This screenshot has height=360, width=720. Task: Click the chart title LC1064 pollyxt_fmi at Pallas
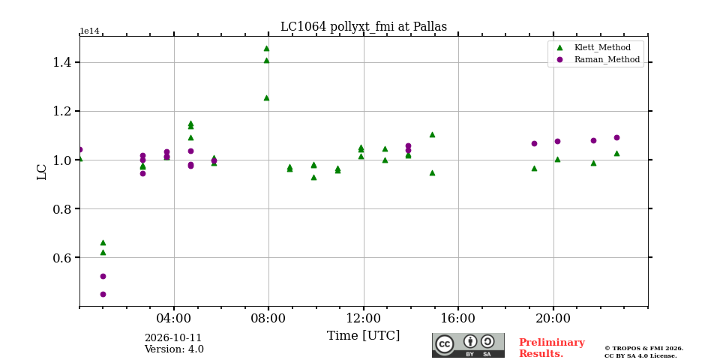point(363,27)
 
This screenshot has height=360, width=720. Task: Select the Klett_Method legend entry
point(595,47)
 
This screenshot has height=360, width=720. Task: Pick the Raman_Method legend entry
point(598,60)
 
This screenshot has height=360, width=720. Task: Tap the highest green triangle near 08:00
point(266,48)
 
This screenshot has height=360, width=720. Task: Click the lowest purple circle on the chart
point(103,294)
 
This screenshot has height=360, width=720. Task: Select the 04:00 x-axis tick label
point(174,319)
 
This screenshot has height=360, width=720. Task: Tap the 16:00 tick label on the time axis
point(458,319)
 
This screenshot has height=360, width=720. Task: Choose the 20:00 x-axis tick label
point(553,319)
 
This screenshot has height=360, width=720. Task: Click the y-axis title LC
point(42,172)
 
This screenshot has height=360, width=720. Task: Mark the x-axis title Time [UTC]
point(363,336)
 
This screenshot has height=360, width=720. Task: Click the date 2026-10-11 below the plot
point(173,338)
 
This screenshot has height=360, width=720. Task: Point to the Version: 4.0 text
point(174,349)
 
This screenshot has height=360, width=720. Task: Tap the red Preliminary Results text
point(552,348)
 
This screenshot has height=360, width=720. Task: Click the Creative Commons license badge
point(468,345)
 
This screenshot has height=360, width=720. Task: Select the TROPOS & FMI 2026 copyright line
point(643,349)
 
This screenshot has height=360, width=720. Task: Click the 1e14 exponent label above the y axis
point(89,31)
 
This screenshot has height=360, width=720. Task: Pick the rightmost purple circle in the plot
point(616,138)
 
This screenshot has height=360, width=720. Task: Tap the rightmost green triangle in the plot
point(616,153)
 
